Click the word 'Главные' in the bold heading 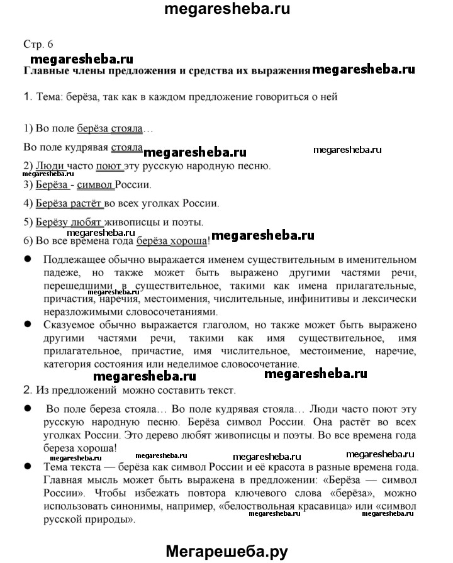click(48, 70)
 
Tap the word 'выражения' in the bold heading click(279, 70)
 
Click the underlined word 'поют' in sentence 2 click(108, 167)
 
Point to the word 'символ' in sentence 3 click(100, 186)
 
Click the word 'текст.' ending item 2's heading click(221, 391)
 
